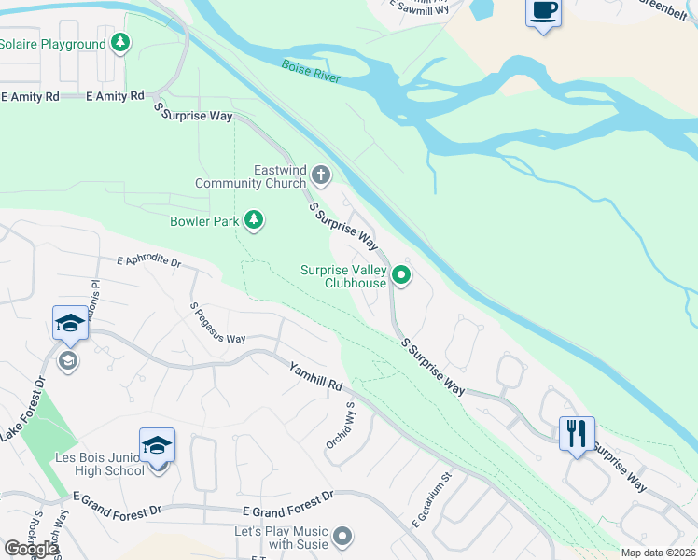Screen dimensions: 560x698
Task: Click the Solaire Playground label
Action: (x=52, y=44)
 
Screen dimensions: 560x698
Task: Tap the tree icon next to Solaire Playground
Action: (x=119, y=43)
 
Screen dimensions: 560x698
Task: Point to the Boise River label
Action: (x=312, y=72)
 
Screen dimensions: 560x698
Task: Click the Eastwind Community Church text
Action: (x=250, y=176)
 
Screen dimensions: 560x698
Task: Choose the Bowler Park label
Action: (x=204, y=221)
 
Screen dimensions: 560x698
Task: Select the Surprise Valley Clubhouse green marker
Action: (x=401, y=275)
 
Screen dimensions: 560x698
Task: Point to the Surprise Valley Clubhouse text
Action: (x=343, y=276)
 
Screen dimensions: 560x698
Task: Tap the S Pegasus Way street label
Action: (x=217, y=323)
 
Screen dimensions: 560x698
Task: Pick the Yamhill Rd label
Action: (x=315, y=375)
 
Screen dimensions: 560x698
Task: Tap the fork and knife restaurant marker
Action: (x=576, y=433)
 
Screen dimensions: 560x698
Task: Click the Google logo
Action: (x=31, y=549)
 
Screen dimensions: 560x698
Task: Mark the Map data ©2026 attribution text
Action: (x=657, y=553)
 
